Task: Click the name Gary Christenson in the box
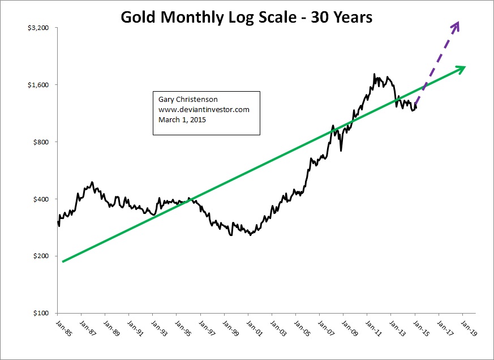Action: point(184,100)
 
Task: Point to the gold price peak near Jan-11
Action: point(375,74)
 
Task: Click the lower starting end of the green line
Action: point(63,261)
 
